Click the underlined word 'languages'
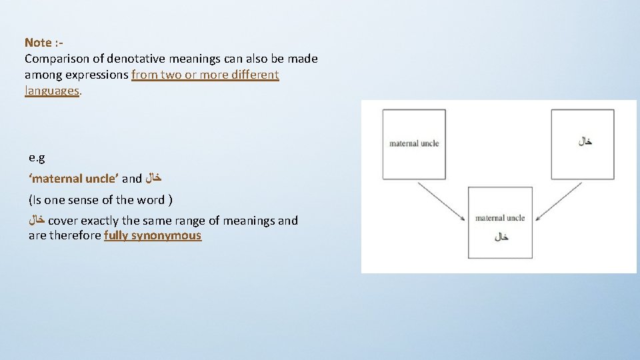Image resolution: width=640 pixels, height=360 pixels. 52,91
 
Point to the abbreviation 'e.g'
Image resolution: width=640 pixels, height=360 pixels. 37,158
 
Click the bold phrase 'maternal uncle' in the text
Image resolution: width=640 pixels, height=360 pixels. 74,179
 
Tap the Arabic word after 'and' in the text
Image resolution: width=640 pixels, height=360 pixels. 153,179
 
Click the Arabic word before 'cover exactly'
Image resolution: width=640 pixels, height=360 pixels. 37,221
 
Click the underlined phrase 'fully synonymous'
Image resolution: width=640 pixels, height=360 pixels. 153,235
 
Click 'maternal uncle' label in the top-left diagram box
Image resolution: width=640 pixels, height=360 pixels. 414,143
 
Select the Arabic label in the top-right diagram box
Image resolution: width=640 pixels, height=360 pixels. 585,141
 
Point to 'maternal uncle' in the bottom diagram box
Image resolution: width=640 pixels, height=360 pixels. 500,218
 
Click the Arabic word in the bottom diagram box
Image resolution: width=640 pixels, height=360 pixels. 501,237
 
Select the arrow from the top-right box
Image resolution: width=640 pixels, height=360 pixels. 559,201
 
